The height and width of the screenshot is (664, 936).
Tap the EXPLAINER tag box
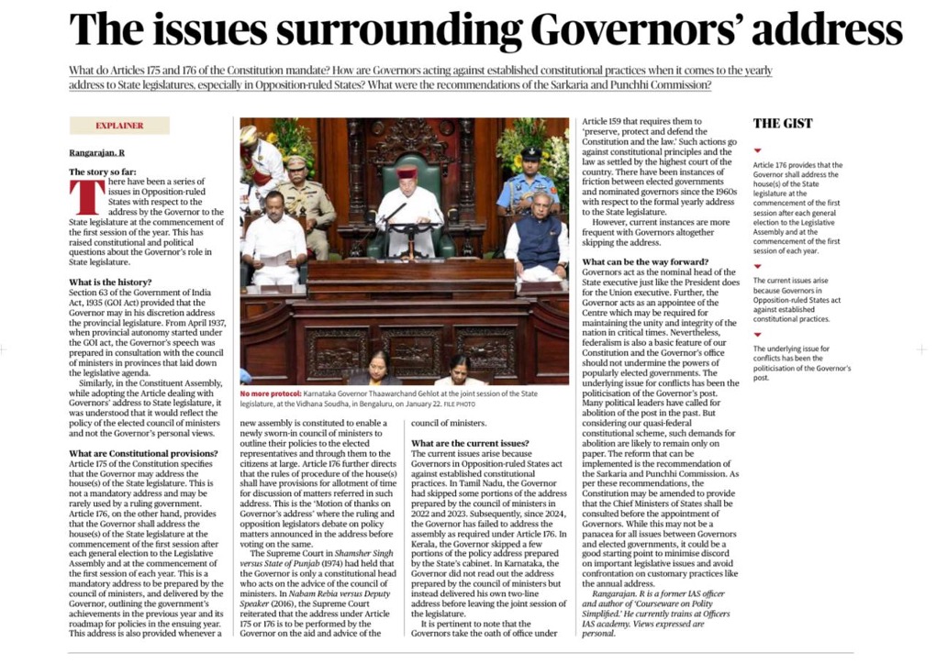tap(119, 126)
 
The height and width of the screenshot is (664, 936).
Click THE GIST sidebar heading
tap(783, 123)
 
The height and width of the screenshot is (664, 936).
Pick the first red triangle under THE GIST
tap(757, 149)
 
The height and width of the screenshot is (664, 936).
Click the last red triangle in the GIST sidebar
tap(757, 335)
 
